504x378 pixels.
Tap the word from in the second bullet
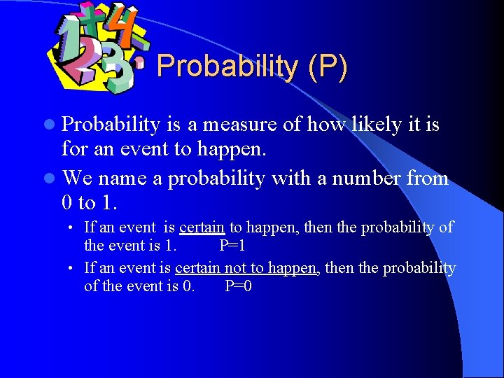(x=427, y=178)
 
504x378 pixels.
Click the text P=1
(x=232, y=246)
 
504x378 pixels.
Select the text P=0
(x=238, y=286)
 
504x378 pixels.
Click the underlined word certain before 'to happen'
(x=202, y=227)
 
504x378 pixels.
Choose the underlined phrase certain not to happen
(x=246, y=268)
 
